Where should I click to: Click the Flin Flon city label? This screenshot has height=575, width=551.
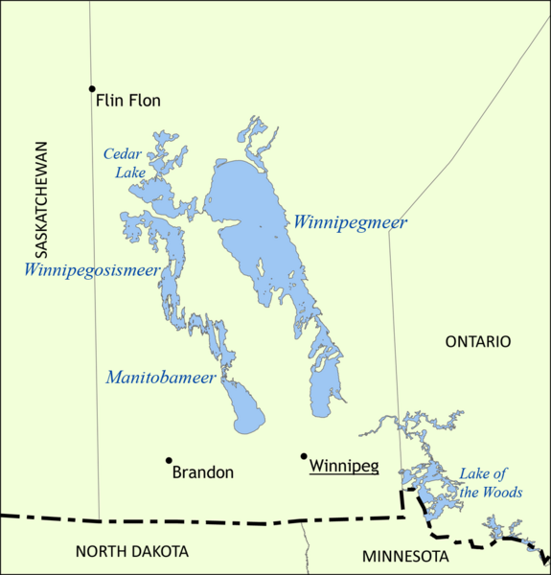coord(128,100)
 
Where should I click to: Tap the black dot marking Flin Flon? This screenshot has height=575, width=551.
coord(92,88)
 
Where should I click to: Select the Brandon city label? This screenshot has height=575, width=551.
coord(202,472)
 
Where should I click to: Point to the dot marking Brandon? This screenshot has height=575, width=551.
coord(169,461)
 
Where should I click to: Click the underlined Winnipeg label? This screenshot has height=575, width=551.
coord(344,468)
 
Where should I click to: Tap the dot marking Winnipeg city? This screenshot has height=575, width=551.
coord(304,456)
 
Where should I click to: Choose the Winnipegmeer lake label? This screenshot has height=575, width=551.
coord(350,223)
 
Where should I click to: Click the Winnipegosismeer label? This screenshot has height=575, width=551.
coord(92,270)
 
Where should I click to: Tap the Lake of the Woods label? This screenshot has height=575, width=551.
coord(491,483)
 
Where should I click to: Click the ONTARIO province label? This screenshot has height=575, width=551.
coord(478,341)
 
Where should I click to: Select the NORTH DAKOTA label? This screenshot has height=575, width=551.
coord(132,551)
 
